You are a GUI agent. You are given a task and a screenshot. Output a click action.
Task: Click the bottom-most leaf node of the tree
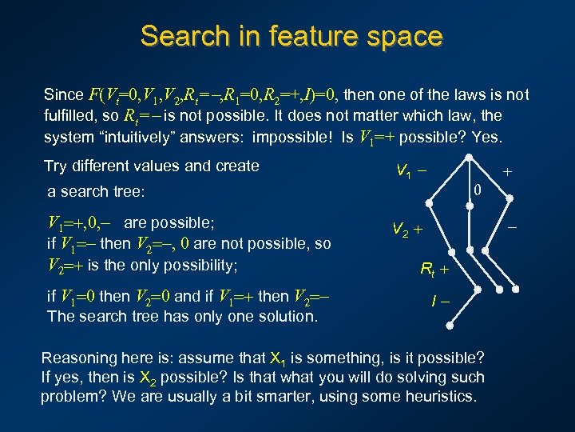(x=450, y=327)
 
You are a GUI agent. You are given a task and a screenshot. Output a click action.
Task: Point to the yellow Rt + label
(x=434, y=270)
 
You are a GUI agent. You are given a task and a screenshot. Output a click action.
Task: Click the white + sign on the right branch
(x=506, y=170)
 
